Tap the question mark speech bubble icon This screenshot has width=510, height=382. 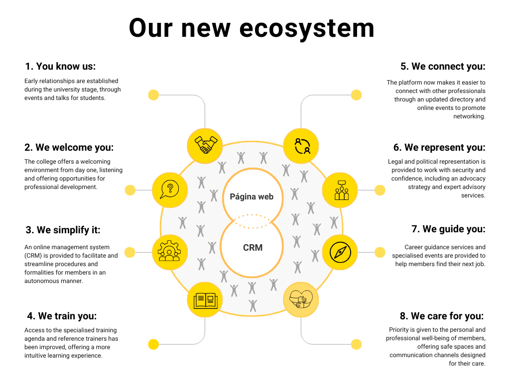click(x=169, y=190)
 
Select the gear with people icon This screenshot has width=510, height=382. click(x=169, y=252)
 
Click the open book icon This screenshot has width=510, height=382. click(x=205, y=299)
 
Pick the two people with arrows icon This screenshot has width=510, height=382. click(x=301, y=146)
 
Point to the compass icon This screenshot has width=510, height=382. click(x=340, y=252)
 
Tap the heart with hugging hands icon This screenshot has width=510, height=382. click(x=301, y=299)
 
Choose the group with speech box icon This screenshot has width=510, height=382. click(x=340, y=190)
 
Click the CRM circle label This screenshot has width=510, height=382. click(x=253, y=247)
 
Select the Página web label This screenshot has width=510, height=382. click(x=252, y=196)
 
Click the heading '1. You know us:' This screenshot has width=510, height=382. click(x=60, y=66)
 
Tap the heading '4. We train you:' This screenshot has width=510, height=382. click(x=61, y=316)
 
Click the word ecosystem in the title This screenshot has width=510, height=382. click(x=307, y=28)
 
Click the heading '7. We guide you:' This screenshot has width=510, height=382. click(x=448, y=229)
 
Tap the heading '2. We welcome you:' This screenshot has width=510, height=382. click(x=69, y=148)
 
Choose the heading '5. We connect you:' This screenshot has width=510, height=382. click(x=443, y=66)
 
